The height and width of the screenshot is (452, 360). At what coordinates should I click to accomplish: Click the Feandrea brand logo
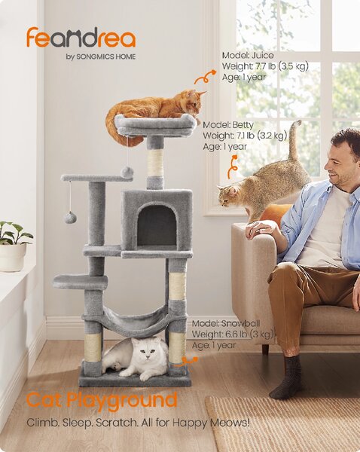coord(81,38)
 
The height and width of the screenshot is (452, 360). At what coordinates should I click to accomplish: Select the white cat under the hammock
coord(136,358)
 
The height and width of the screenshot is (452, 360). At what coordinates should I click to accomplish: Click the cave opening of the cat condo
coord(157,225)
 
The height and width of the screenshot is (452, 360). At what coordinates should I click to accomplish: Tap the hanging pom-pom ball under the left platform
coord(70,217)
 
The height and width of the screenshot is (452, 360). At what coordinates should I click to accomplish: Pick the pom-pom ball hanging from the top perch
coord(127,172)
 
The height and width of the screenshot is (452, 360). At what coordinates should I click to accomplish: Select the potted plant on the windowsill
coord(14,246)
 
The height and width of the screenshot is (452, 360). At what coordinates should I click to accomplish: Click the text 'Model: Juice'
coord(248,55)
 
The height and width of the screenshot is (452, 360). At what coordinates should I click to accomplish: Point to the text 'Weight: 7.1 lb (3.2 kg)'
coord(245,135)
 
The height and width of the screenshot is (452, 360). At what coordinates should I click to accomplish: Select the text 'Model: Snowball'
coord(226,323)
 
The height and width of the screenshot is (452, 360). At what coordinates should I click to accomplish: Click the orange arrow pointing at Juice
coord(205,77)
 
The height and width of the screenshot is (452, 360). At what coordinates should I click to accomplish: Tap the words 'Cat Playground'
coord(102,401)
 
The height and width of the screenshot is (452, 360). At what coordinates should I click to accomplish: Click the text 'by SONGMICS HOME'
coord(101,56)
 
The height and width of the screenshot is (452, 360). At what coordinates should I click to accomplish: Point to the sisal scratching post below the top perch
coord(155,163)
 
